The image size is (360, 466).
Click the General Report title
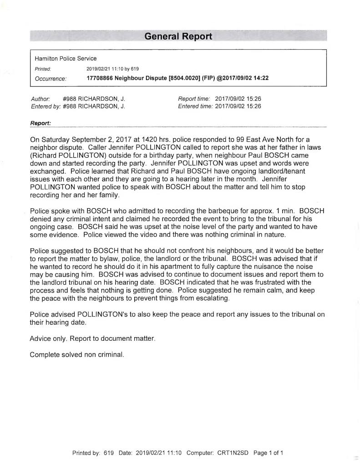click(178, 36)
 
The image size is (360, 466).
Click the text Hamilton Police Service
click(66, 59)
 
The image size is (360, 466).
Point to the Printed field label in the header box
click(43, 69)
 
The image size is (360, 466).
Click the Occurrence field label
click(51, 78)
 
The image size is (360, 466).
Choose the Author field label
click(40, 99)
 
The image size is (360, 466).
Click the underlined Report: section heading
click(40, 123)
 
